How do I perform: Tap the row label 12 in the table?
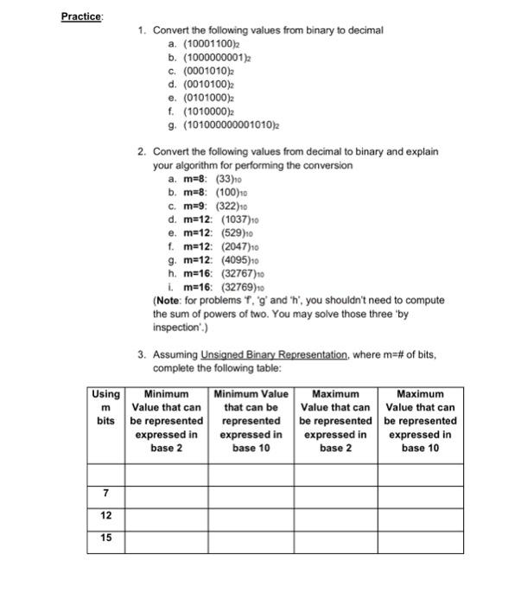(x=105, y=515)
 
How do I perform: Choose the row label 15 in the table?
(x=105, y=538)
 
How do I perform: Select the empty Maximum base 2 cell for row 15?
(x=335, y=538)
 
